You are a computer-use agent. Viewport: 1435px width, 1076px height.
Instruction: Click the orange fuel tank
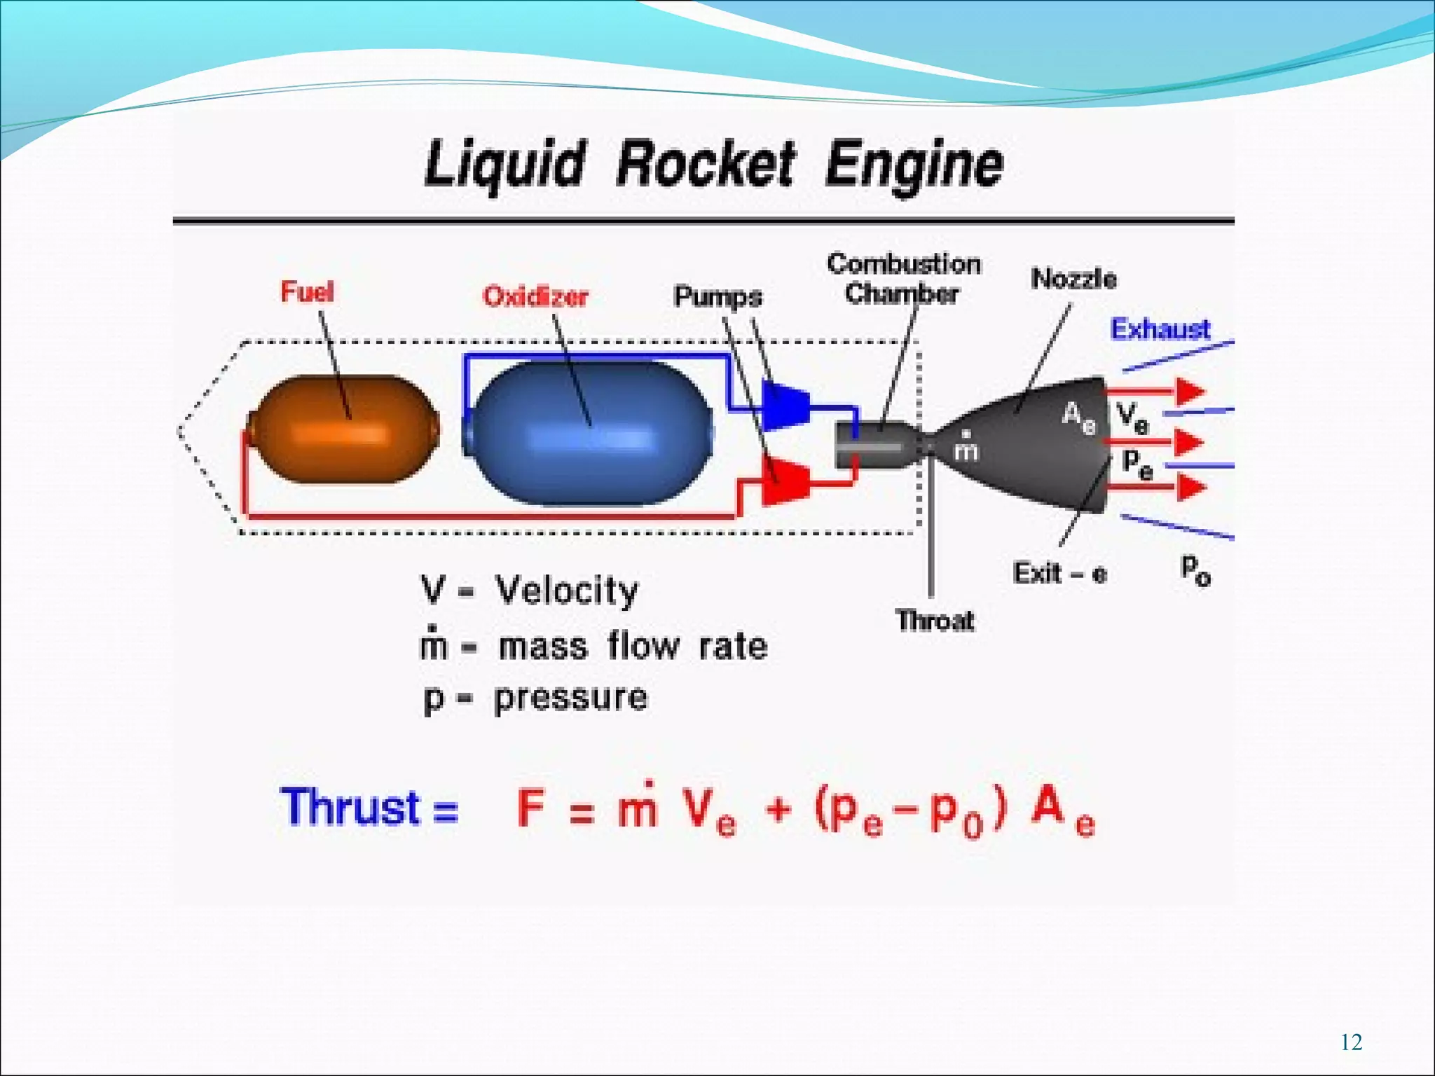343,429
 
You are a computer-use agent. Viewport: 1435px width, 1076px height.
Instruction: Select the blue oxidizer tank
589,432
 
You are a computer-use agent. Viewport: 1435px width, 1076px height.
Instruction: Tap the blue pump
786,405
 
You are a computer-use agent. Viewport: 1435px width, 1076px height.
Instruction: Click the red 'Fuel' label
307,291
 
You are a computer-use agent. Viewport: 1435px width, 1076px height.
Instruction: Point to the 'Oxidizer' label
535,296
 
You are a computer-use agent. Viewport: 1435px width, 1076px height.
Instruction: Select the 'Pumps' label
717,296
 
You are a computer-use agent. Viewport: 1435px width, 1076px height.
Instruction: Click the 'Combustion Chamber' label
902,279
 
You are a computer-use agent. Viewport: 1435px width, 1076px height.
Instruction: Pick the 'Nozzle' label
1073,279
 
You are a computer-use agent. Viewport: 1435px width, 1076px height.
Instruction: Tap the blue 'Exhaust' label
1160,329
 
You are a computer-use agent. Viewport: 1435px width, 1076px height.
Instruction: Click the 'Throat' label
935,621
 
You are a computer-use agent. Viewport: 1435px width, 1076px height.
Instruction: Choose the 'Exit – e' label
1059,574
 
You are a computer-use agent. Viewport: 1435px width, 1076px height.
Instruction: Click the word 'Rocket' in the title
705,165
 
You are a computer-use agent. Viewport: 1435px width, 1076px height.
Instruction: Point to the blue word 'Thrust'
350,807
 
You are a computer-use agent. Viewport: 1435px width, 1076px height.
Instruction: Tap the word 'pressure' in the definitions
570,698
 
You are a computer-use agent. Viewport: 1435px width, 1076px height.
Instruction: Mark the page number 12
1351,1042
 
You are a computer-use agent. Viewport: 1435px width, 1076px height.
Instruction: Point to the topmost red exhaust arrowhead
1190,391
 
